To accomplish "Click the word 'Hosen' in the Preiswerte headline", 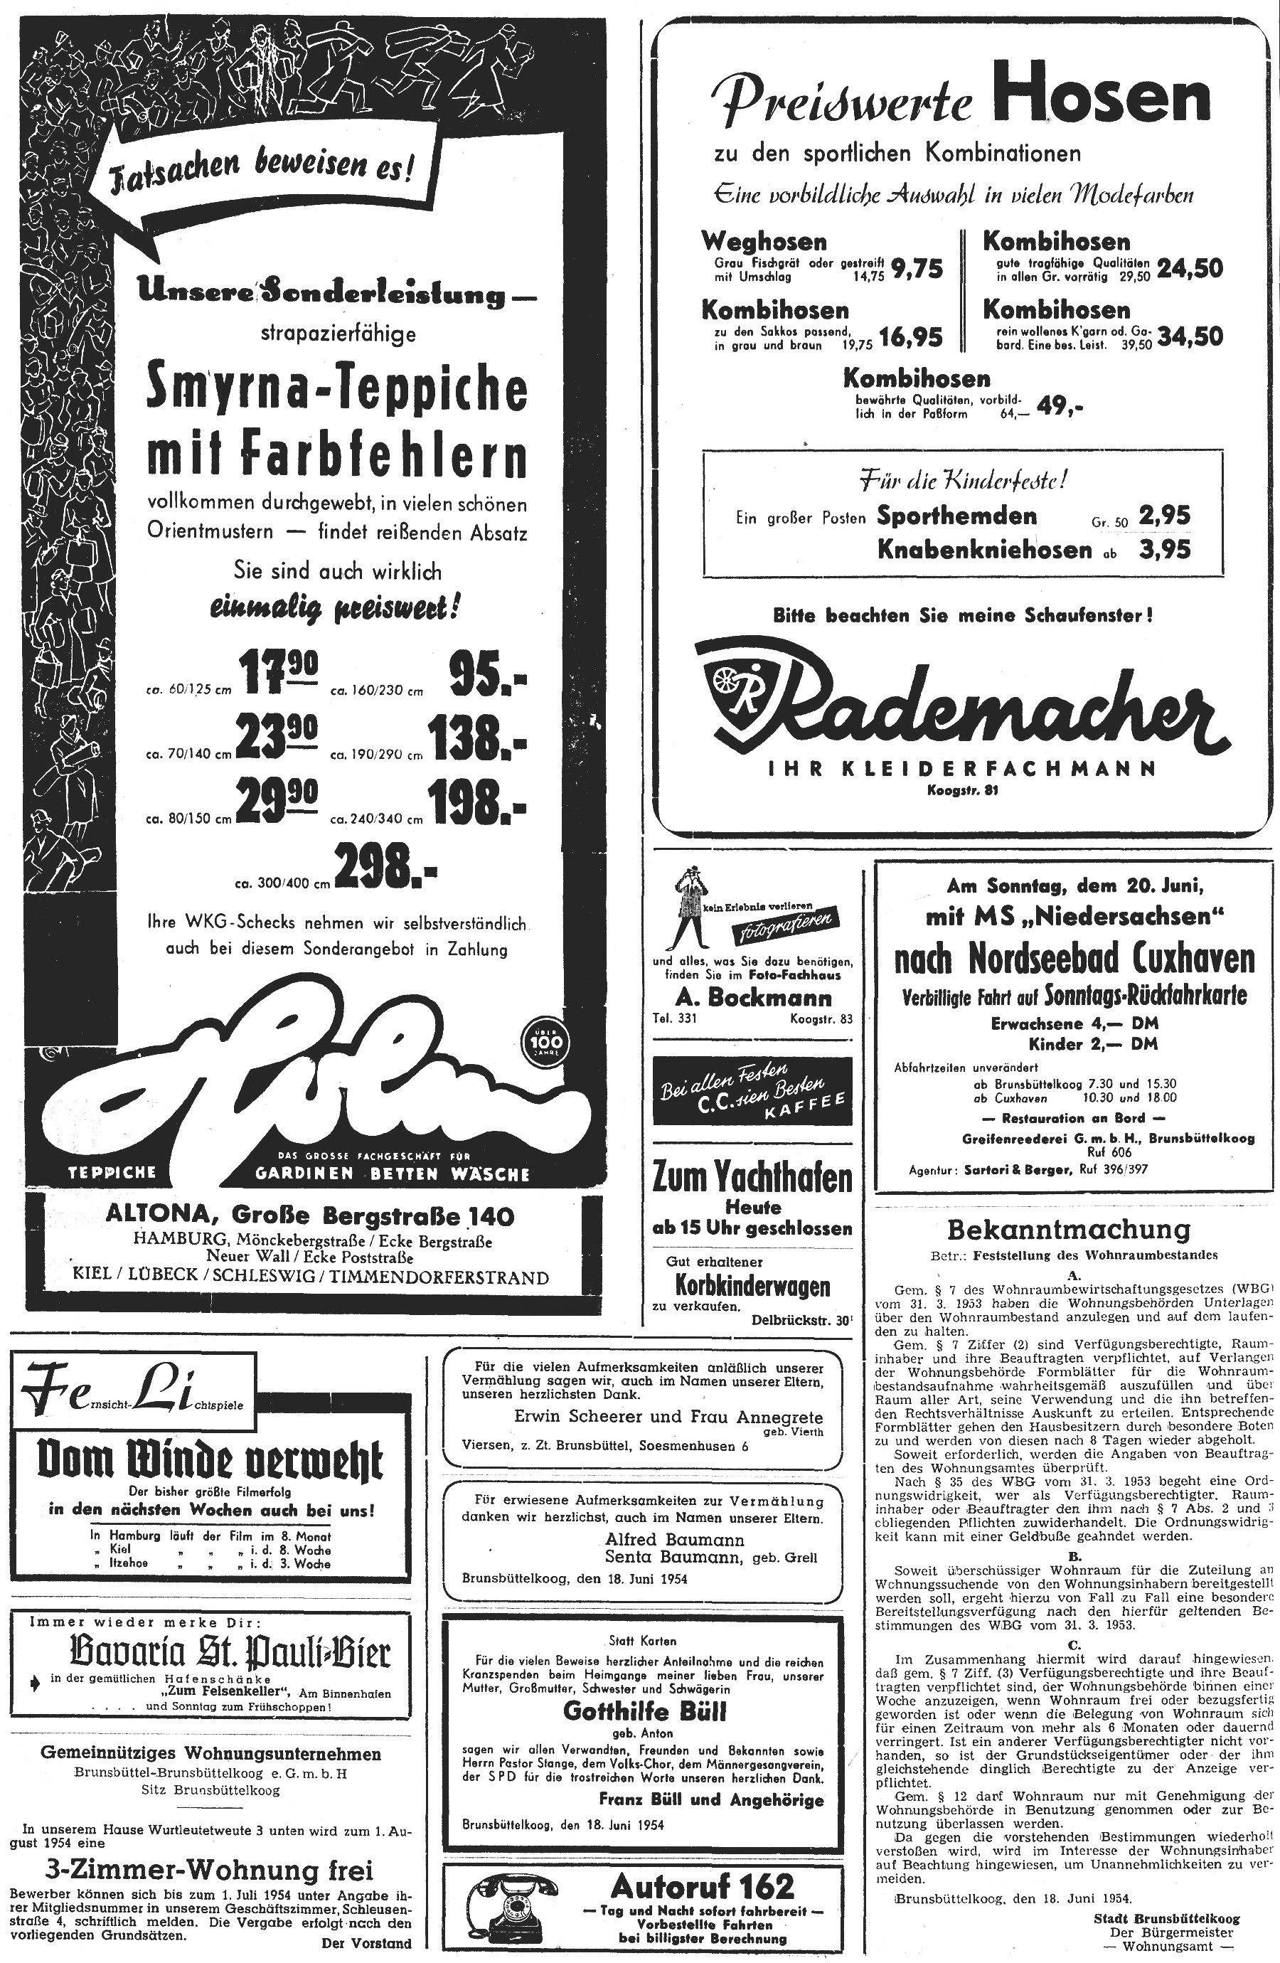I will [1101, 98].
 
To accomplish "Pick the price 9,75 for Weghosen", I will [917, 268].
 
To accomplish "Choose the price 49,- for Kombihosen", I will [1060, 407].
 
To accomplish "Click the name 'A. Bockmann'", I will [753, 998].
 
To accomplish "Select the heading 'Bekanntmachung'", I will [1069, 1230].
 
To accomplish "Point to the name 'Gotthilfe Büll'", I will [644, 1711].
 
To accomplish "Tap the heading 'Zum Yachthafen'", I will [752, 1177].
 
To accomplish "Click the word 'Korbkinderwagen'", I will [752, 1287].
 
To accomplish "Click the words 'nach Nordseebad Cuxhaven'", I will [1074, 959].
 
